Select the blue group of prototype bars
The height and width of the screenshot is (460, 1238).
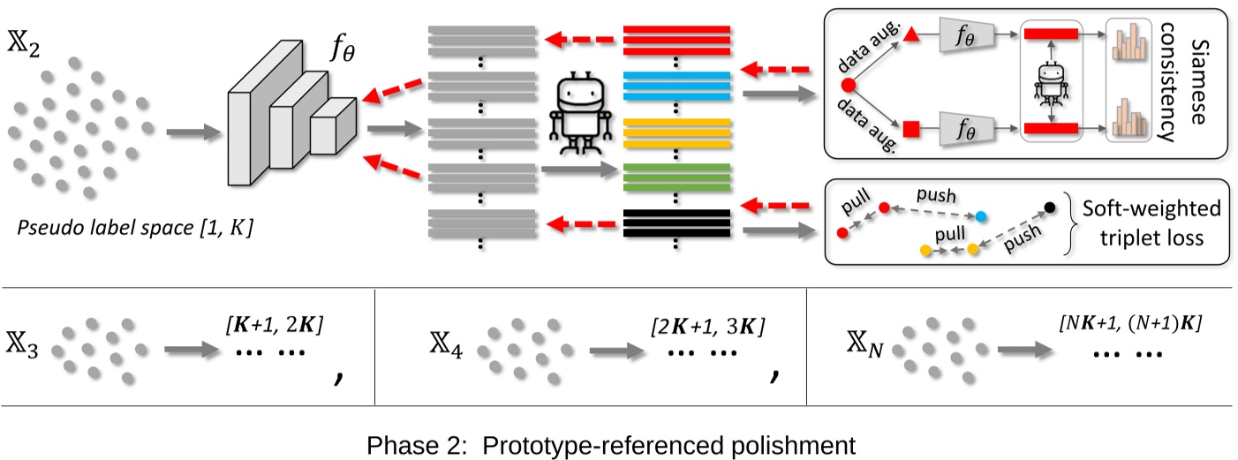676,86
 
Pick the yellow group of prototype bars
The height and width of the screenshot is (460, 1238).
676,132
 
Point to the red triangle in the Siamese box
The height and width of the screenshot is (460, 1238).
912,35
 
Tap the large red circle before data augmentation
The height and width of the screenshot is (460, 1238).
849,86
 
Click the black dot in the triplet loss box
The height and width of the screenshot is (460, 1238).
1050,208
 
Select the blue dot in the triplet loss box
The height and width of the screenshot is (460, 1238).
982,216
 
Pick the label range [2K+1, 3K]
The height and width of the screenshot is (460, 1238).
706,328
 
